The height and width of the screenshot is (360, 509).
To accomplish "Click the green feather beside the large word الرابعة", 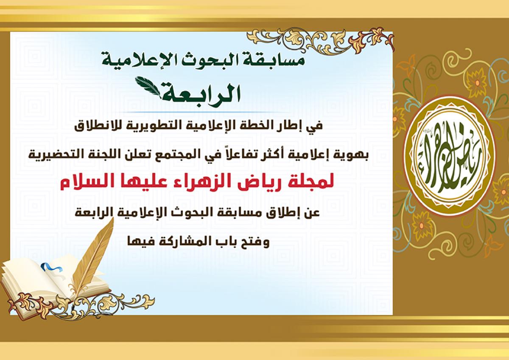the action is click(148, 87).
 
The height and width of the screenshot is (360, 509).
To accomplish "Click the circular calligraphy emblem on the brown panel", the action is click(450, 155).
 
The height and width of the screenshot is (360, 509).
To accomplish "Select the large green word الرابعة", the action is click(201, 93).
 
